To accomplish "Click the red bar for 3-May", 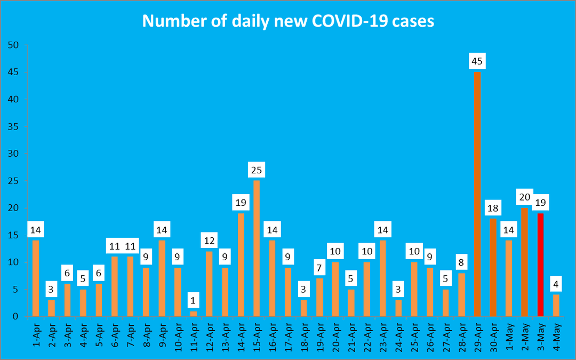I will pos(540,265).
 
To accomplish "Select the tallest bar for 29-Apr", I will pos(477,195).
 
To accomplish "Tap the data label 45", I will pos(477,61).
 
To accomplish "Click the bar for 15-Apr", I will pos(257,249).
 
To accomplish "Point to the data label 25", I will pos(257,170).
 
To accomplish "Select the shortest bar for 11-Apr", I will pos(194,314).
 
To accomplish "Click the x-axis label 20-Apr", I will pos(335,337).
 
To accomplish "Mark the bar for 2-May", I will pos(525,262).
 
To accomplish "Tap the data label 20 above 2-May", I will pos(525,197).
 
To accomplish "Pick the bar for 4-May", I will pos(556,306).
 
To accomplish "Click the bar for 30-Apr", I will pos(493,267).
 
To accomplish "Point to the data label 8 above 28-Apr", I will pos(461,262).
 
